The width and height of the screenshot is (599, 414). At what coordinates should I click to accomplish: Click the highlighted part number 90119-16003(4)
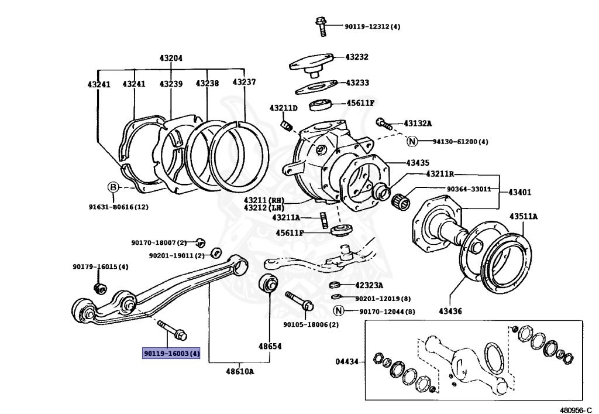(x=171, y=354)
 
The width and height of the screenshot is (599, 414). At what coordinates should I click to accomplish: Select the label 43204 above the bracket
(x=171, y=58)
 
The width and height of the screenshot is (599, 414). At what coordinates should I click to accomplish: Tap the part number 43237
(x=244, y=83)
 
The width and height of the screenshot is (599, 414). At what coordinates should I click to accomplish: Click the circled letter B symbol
(x=112, y=187)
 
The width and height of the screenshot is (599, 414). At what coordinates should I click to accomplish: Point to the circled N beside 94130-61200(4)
(x=412, y=141)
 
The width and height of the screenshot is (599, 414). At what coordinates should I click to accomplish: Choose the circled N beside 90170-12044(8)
(x=338, y=311)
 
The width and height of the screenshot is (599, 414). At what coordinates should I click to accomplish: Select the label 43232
(x=357, y=57)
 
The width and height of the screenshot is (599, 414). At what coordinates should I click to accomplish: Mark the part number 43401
(x=519, y=192)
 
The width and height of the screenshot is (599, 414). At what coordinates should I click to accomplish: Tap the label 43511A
(x=523, y=216)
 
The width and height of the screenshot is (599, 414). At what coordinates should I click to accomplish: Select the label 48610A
(x=240, y=371)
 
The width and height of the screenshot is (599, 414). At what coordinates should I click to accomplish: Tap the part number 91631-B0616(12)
(x=119, y=206)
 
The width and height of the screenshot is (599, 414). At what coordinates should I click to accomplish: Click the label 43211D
(x=283, y=108)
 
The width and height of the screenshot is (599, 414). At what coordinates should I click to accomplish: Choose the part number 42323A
(x=369, y=286)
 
